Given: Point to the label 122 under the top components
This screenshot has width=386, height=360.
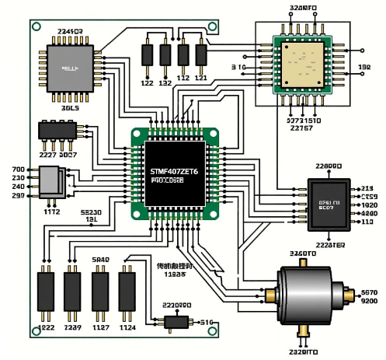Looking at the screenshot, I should point(146,82).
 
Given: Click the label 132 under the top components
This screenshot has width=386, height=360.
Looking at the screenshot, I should point(165,82).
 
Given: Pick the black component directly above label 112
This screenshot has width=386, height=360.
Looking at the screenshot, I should point(183,54).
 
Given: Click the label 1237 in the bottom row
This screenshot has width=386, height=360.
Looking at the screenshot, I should point(72,328).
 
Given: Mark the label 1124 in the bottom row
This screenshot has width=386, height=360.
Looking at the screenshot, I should point(127,328).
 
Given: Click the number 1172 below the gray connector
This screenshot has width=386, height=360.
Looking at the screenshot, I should point(50,211).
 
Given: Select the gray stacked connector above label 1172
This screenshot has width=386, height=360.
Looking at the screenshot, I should point(48,185).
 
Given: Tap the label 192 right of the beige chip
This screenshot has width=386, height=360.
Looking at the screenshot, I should point(364,68).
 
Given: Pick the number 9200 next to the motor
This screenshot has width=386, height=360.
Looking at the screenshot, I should point(369,301).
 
